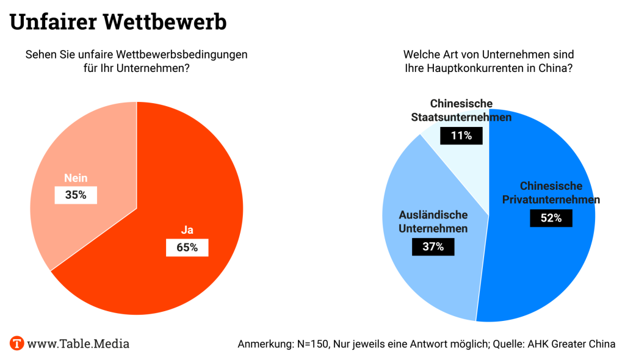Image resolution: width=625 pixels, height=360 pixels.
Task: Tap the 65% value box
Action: pyautogui.click(x=187, y=247)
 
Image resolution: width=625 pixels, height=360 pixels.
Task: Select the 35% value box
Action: pyautogui.click(x=76, y=195)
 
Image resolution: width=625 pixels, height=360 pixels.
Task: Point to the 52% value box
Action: pyautogui.click(x=551, y=218)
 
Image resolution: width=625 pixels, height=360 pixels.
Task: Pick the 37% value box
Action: pyautogui.click(x=433, y=246)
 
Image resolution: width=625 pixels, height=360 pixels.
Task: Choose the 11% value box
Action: pyautogui.click(x=461, y=135)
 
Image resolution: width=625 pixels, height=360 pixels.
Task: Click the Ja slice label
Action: pyautogui.click(x=187, y=230)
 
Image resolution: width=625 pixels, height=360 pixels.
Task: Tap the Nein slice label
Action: pyautogui.click(x=76, y=178)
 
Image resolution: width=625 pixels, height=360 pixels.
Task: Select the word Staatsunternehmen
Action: pyautogui.click(x=461, y=117)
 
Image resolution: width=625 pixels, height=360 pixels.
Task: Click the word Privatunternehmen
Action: pyautogui.click(x=551, y=200)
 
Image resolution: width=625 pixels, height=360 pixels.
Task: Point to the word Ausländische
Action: pyautogui.click(x=433, y=215)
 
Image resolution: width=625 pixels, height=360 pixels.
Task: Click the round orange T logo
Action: pyautogui.click(x=16, y=343)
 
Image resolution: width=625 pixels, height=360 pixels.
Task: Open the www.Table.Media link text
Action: pyautogui.click(x=78, y=344)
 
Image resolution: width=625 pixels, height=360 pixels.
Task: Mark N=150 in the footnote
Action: pyautogui.click(x=311, y=344)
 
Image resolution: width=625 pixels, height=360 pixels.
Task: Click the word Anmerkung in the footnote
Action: pyautogui.click(x=264, y=344)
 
